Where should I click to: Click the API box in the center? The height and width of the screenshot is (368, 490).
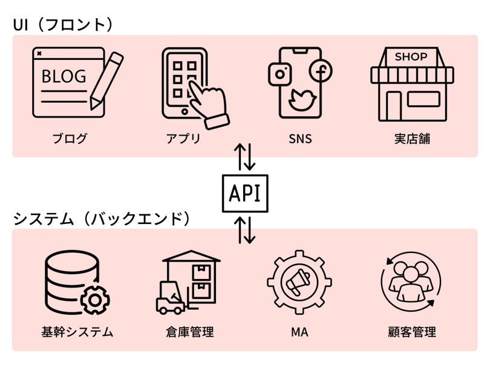[x=245, y=193]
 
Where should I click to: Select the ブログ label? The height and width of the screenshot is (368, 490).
[x=70, y=139]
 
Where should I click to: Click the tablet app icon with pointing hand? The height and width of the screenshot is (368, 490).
[x=192, y=88]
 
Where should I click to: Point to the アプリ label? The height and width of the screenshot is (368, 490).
[x=183, y=139]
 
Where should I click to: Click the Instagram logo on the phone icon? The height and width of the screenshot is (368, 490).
[x=280, y=74]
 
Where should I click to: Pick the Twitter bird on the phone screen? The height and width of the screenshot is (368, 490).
[x=299, y=99]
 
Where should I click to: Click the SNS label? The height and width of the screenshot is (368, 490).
[x=300, y=139]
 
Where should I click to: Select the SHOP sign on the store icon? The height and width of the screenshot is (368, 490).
[x=411, y=57]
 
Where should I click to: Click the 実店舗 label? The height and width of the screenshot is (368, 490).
[x=411, y=139]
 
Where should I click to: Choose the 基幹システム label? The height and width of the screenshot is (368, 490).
[x=77, y=332]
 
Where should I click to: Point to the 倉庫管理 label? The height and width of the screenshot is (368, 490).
[x=189, y=332]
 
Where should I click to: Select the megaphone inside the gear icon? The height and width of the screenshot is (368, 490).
[x=300, y=282]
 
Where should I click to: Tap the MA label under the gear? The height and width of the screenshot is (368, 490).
[x=300, y=332]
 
